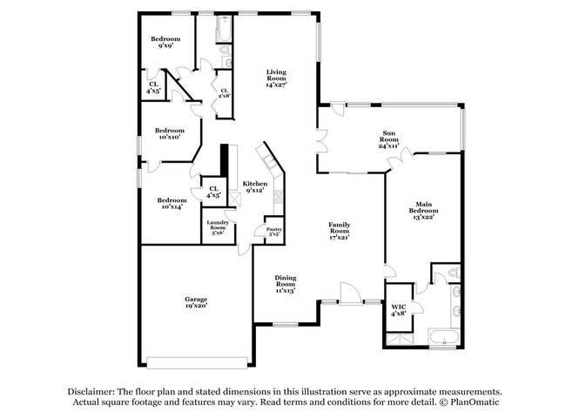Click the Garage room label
pyautogui.click(x=195, y=301)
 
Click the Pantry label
pyautogui.click(x=273, y=232)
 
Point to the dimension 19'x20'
pyautogui.click(x=195, y=306)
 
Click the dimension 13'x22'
pyautogui.click(x=424, y=217)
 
